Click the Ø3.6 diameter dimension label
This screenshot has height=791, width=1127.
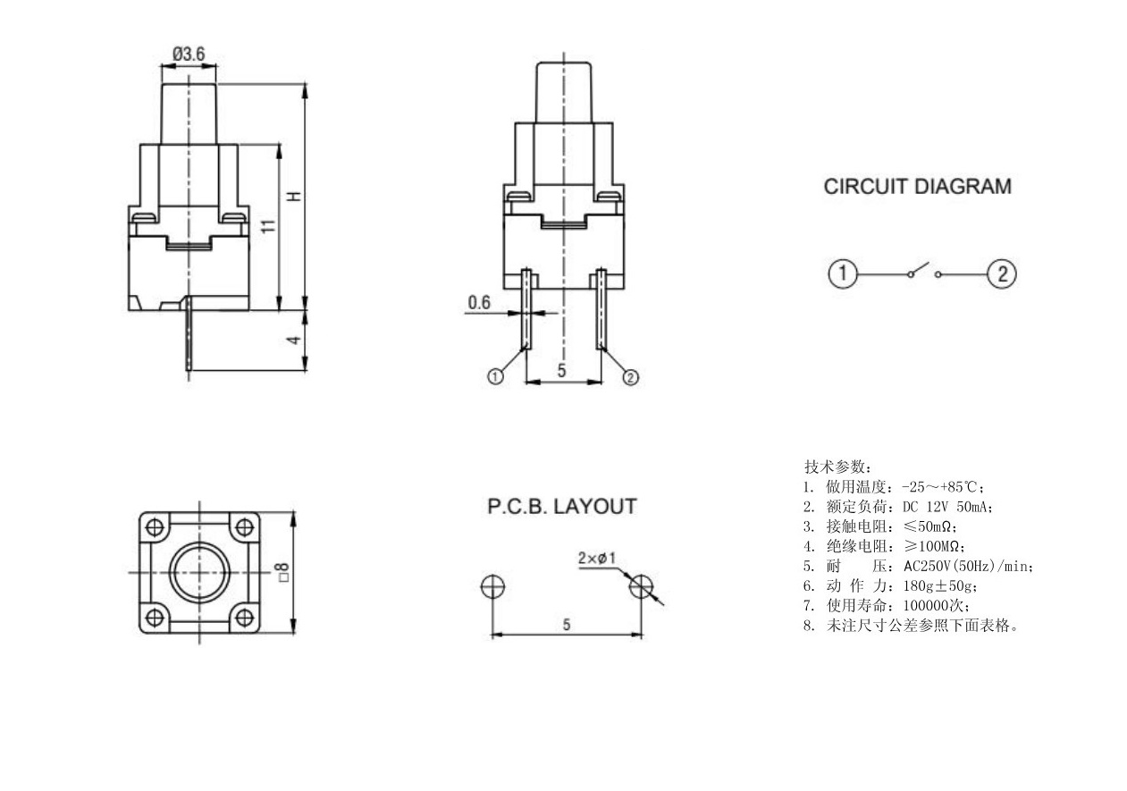coord(189,55)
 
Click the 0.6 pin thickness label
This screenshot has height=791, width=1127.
coord(479,303)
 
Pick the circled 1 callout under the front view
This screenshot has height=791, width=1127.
coord(494,377)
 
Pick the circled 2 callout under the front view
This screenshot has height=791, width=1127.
coord(630,377)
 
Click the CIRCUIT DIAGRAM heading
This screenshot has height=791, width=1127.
coord(917,188)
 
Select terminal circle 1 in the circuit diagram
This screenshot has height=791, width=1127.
coord(843,273)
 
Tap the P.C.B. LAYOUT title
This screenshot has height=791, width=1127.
coord(562,507)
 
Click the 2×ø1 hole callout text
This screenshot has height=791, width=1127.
coord(597,559)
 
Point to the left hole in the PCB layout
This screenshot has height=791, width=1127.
coord(492,586)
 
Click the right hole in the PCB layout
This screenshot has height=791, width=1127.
coord(641,586)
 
